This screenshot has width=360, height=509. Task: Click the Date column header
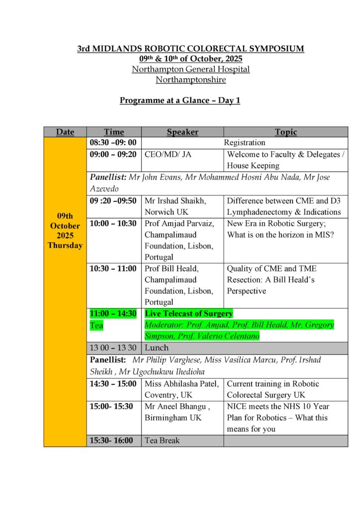[x=65, y=132]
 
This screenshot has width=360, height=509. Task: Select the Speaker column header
[x=182, y=132]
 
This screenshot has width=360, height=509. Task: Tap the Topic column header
[x=286, y=132]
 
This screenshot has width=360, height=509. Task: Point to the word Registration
[x=245, y=143]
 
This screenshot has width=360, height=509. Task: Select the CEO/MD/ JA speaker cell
[x=168, y=155]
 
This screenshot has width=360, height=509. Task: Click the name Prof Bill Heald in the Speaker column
[x=172, y=268]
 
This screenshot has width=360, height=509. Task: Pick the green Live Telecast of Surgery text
[x=188, y=314]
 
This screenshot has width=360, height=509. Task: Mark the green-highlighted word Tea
[x=96, y=325]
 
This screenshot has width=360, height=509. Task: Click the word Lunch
[x=157, y=347]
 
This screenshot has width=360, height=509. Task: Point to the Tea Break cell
[x=162, y=440]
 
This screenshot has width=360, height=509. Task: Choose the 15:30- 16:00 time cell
[x=111, y=440]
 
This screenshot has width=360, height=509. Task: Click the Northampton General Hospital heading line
[x=190, y=69]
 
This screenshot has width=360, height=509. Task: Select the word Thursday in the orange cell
[x=65, y=246]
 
